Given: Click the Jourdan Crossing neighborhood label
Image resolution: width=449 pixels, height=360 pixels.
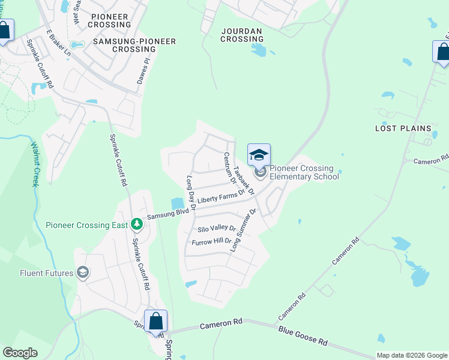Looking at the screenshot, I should pos(242,34).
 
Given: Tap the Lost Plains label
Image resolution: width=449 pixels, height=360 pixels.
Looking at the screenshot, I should pos(403,128).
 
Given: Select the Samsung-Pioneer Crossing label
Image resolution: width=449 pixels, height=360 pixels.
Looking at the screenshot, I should pos(134,45).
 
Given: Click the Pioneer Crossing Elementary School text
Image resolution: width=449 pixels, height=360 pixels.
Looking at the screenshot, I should pos(304,172).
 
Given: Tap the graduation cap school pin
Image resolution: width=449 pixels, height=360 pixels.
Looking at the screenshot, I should pos(259,155).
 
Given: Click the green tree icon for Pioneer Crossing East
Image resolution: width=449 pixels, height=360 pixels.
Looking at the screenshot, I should pos(137,224).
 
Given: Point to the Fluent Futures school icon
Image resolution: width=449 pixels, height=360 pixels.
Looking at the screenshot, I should pos(83,273).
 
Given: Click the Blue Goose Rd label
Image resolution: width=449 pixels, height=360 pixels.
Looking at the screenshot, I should pos(303,336).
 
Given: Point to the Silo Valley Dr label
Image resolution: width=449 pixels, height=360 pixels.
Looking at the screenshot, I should pos(217,229).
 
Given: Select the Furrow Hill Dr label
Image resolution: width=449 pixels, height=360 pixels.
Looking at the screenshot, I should pos(211,242).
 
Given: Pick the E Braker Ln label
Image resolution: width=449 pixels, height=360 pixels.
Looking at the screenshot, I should pos(59,45).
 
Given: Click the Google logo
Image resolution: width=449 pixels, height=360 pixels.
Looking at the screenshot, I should pos(20,353).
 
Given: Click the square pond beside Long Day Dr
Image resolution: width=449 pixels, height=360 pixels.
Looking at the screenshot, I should pos(178,204).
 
